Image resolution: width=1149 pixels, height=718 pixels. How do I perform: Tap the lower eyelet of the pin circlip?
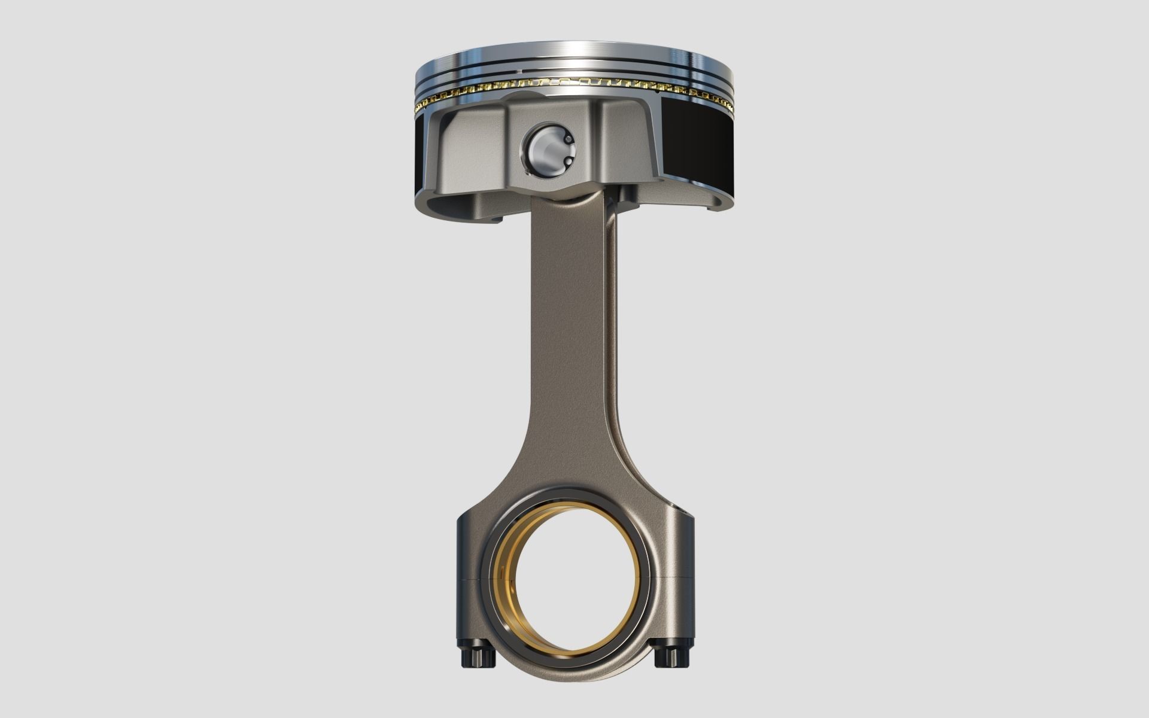click(566, 163)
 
